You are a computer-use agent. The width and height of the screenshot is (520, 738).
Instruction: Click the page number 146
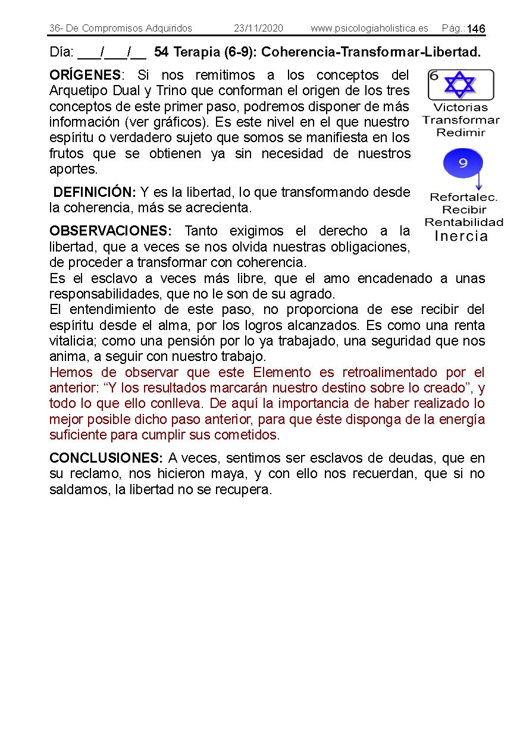pos(476,29)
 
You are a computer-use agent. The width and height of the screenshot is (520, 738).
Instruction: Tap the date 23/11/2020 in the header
pos(258,28)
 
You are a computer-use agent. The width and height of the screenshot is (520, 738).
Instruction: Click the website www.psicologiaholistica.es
pos(369,28)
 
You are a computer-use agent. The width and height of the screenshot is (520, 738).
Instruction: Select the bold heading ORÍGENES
pos(85,76)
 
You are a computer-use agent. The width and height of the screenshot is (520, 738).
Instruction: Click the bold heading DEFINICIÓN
pos(95,193)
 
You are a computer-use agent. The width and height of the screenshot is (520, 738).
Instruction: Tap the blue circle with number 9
pos(463,162)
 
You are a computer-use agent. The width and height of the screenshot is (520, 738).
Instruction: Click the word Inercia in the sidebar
pos(461,236)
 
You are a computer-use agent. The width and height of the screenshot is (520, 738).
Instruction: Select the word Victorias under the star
pos(461,108)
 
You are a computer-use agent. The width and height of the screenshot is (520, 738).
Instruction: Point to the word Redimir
pos(461,133)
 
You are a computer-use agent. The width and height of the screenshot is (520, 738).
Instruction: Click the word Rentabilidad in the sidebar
pos(463,222)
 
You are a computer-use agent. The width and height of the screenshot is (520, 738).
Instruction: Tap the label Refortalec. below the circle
pos(463,197)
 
